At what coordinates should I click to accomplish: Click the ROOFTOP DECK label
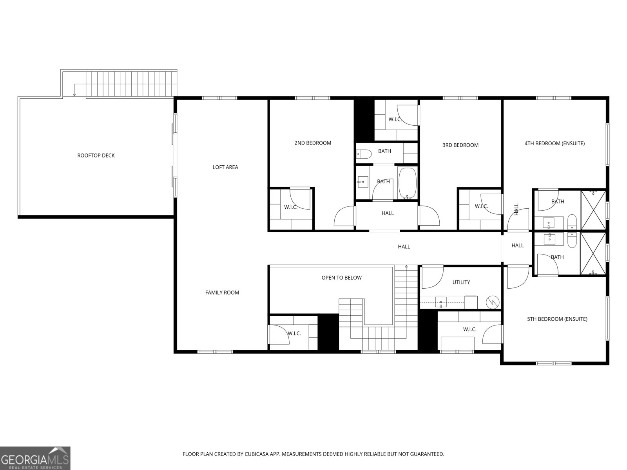[96, 155]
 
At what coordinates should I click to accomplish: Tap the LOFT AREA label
[225, 167]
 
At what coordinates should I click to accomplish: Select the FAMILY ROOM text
[222, 293]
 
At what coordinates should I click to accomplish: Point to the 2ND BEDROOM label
[313, 143]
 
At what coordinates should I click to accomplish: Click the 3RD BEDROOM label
[460, 145]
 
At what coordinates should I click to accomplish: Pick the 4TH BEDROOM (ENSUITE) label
[555, 143]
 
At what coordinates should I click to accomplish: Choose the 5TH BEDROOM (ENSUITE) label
[557, 319]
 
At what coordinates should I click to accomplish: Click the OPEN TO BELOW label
[342, 278]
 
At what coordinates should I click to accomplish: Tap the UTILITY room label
[461, 282]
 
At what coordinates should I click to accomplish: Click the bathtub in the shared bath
[408, 183]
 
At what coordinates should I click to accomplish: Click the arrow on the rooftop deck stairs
[74, 94]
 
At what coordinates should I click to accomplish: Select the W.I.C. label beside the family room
[294, 334]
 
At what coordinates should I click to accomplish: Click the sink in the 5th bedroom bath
[549, 238]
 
